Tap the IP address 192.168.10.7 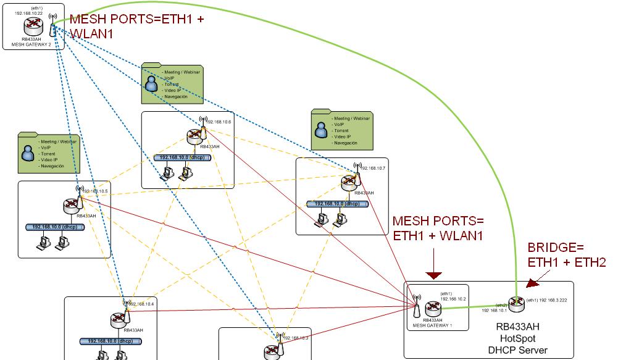[373, 168]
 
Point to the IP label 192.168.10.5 [95, 191]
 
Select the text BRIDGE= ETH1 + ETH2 [566, 255]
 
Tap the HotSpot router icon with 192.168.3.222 [516, 303]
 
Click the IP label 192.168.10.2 [453, 299]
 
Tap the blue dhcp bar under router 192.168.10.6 [183, 158]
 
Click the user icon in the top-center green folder [151, 83]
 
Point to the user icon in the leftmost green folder [28, 152]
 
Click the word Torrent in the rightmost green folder [341, 131]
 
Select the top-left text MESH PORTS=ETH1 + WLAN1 [138, 27]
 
